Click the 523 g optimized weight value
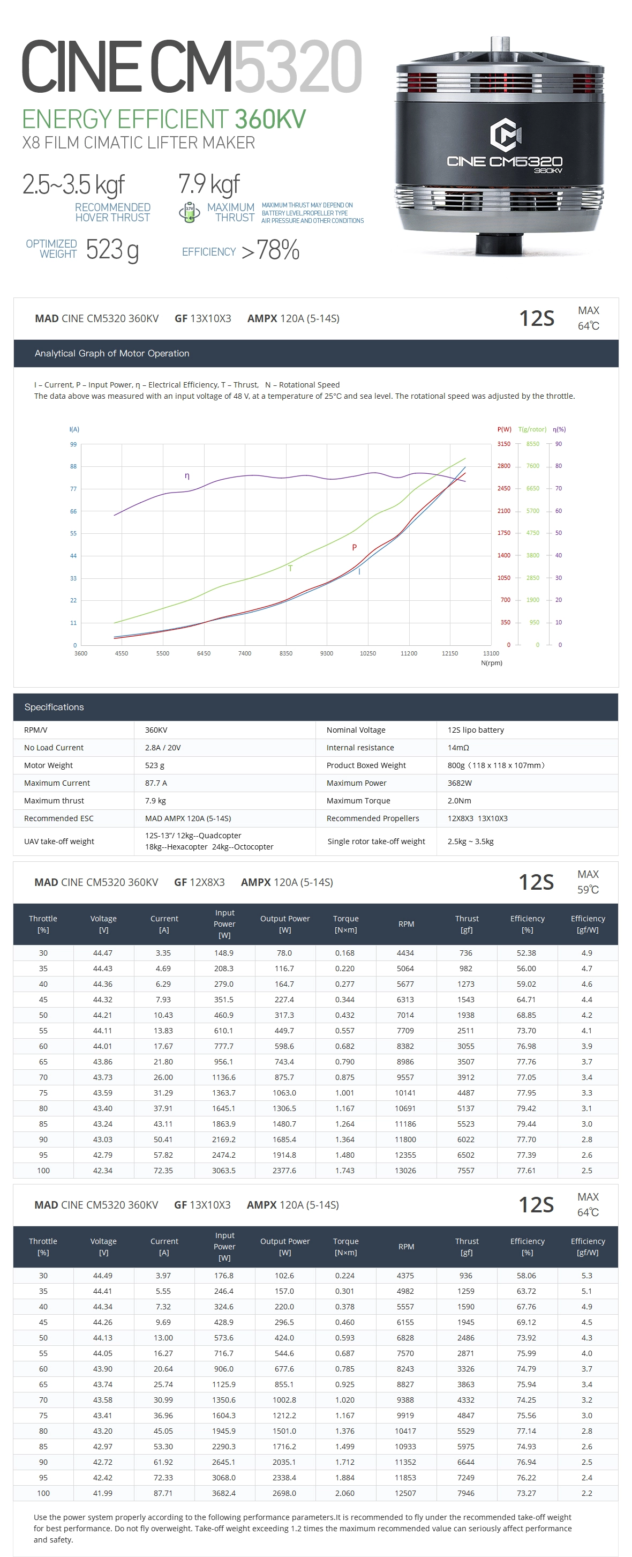pyautogui.click(x=112, y=250)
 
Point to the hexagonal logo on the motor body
pyautogui.click(x=505, y=135)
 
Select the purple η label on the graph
pyautogui.click(x=187, y=476)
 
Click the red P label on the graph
pyautogui.click(x=354, y=548)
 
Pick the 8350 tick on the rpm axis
pyautogui.click(x=286, y=653)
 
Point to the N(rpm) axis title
pyautogui.click(x=491, y=663)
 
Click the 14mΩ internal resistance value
pyautogui.click(x=458, y=748)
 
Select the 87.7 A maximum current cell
pyautogui.click(x=156, y=783)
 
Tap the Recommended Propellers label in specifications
pyautogui.click(x=372, y=818)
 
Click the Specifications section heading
pyautogui.click(x=54, y=707)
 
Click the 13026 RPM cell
pyautogui.click(x=405, y=1170)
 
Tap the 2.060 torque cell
pyautogui.click(x=344, y=1493)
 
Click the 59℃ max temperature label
pyautogui.click(x=588, y=890)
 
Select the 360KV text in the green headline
pyautogui.click(x=270, y=119)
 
